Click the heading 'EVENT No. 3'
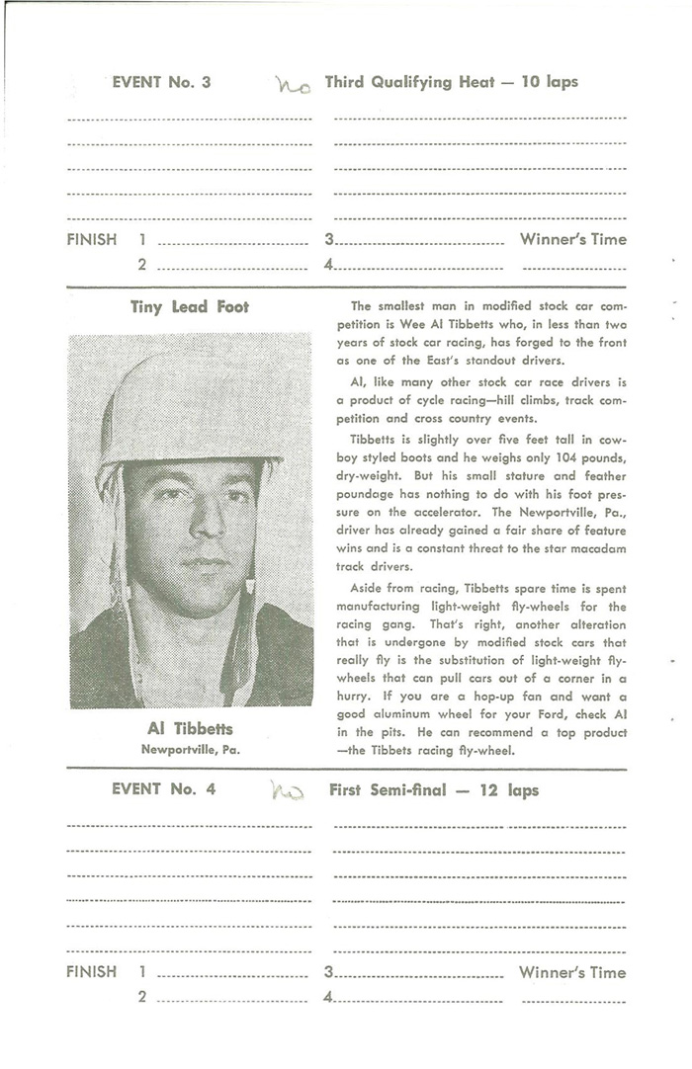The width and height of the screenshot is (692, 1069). (x=161, y=83)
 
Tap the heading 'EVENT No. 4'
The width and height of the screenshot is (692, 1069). (x=161, y=789)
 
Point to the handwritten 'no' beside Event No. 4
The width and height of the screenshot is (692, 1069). (x=288, y=790)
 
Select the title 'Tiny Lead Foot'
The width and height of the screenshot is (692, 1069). (x=190, y=307)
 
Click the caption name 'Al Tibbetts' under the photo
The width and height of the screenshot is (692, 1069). (x=190, y=729)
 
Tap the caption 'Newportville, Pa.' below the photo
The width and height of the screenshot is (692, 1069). (x=190, y=748)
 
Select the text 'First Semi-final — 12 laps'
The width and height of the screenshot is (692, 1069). (x=434, y=790)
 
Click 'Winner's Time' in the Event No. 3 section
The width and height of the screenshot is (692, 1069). (x=572, y=239)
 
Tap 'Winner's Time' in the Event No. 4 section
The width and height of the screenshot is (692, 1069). (x=572, y=972)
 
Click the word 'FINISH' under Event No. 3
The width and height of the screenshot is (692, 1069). (x=92, y=239)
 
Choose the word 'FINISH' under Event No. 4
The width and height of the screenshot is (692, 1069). (x=92, y=972)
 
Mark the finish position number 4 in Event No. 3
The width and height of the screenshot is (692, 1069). (x=329, y=265)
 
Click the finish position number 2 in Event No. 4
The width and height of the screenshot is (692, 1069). (x=142, y=998)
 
